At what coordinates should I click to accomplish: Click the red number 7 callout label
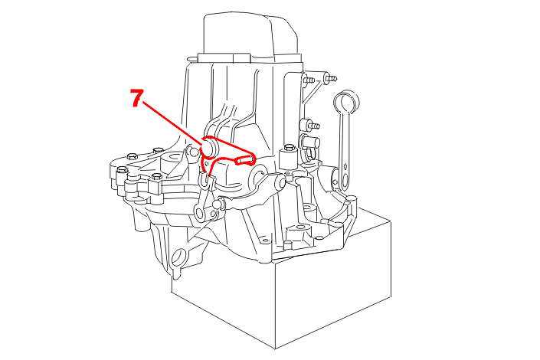(136, 98)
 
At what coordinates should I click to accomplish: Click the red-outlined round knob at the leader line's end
(209, 147)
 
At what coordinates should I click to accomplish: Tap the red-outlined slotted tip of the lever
(244, 159)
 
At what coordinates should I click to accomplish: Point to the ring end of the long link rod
(346, 101)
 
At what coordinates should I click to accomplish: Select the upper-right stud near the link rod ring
(330, 78)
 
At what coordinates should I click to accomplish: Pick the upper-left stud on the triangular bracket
(308, 79)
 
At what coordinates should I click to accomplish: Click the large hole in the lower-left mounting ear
(178, 257)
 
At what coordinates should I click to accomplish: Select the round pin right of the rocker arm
(218, 204)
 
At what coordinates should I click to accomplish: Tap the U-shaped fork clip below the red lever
(205, 182)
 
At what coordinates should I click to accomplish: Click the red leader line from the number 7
(172, 122)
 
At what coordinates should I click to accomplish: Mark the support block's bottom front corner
(275, 349)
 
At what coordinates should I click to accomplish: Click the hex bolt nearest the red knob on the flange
(158, 150)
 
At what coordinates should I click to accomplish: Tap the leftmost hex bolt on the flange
(122, 169)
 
